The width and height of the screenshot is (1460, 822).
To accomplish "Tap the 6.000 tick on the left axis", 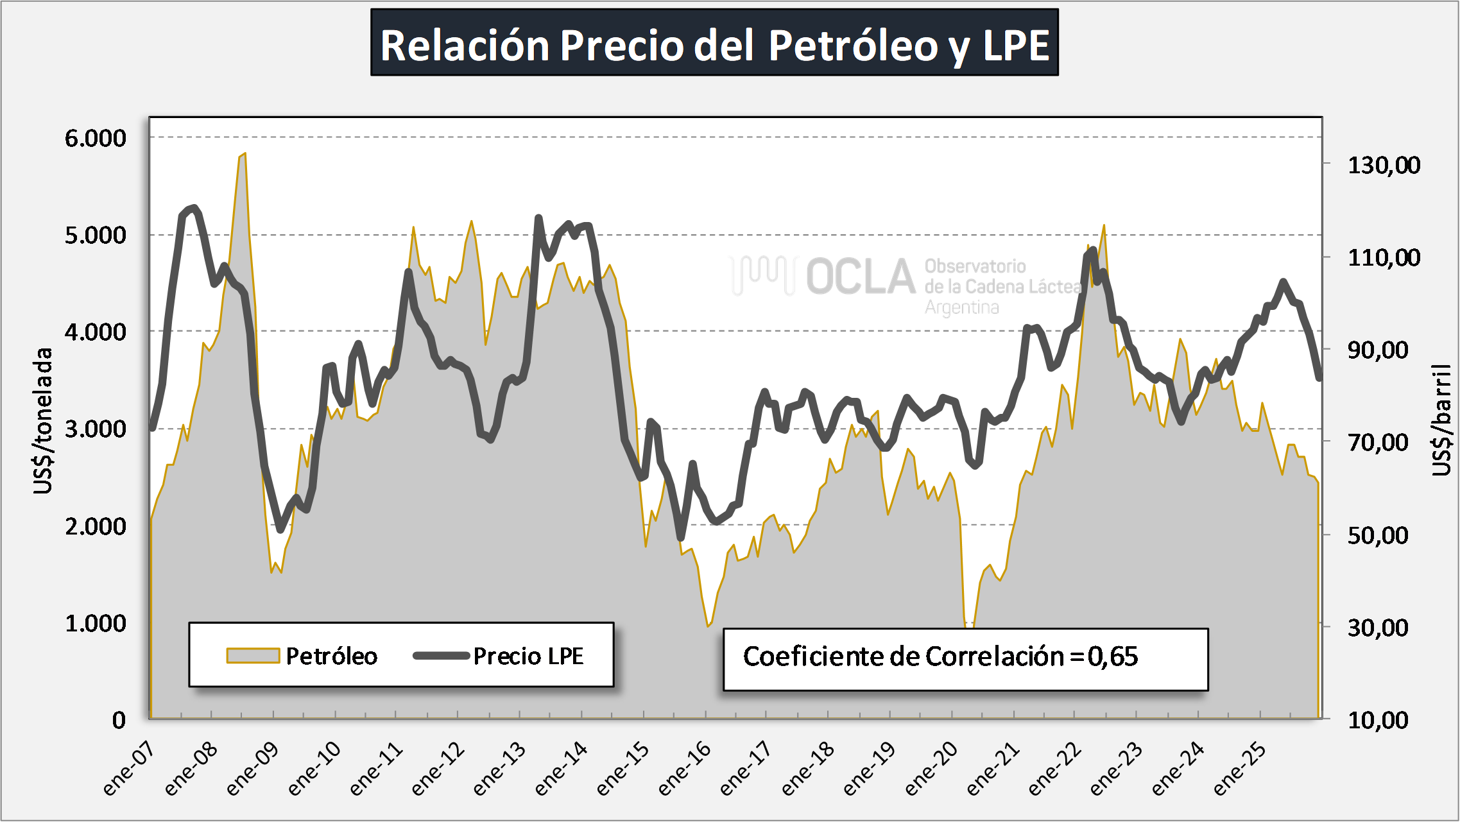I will coord(96,138).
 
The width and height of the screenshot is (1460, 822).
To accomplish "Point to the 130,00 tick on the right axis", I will coord(1384,166).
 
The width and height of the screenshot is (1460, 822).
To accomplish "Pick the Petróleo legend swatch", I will coord(253,656).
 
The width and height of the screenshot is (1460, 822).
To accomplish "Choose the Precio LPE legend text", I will coord(528,656).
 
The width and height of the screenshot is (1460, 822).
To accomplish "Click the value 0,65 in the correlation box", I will coord(1113,656).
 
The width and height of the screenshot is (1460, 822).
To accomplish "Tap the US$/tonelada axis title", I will coord(43,421).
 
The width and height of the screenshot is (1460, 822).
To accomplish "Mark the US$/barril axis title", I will coord(1441,420).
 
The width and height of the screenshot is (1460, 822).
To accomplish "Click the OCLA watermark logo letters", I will coord(860,277).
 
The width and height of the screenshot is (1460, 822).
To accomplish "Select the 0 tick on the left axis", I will coord(119,720).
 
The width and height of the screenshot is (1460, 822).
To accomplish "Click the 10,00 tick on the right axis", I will coord(1378,720).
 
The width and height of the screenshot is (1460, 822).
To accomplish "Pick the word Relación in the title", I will coord(465,45).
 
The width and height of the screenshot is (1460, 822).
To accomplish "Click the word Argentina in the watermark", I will coord(961,308).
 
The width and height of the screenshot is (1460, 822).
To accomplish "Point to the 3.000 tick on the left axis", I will coord(96,429).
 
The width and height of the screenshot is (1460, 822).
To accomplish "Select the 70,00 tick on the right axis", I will coord(1378,442).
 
